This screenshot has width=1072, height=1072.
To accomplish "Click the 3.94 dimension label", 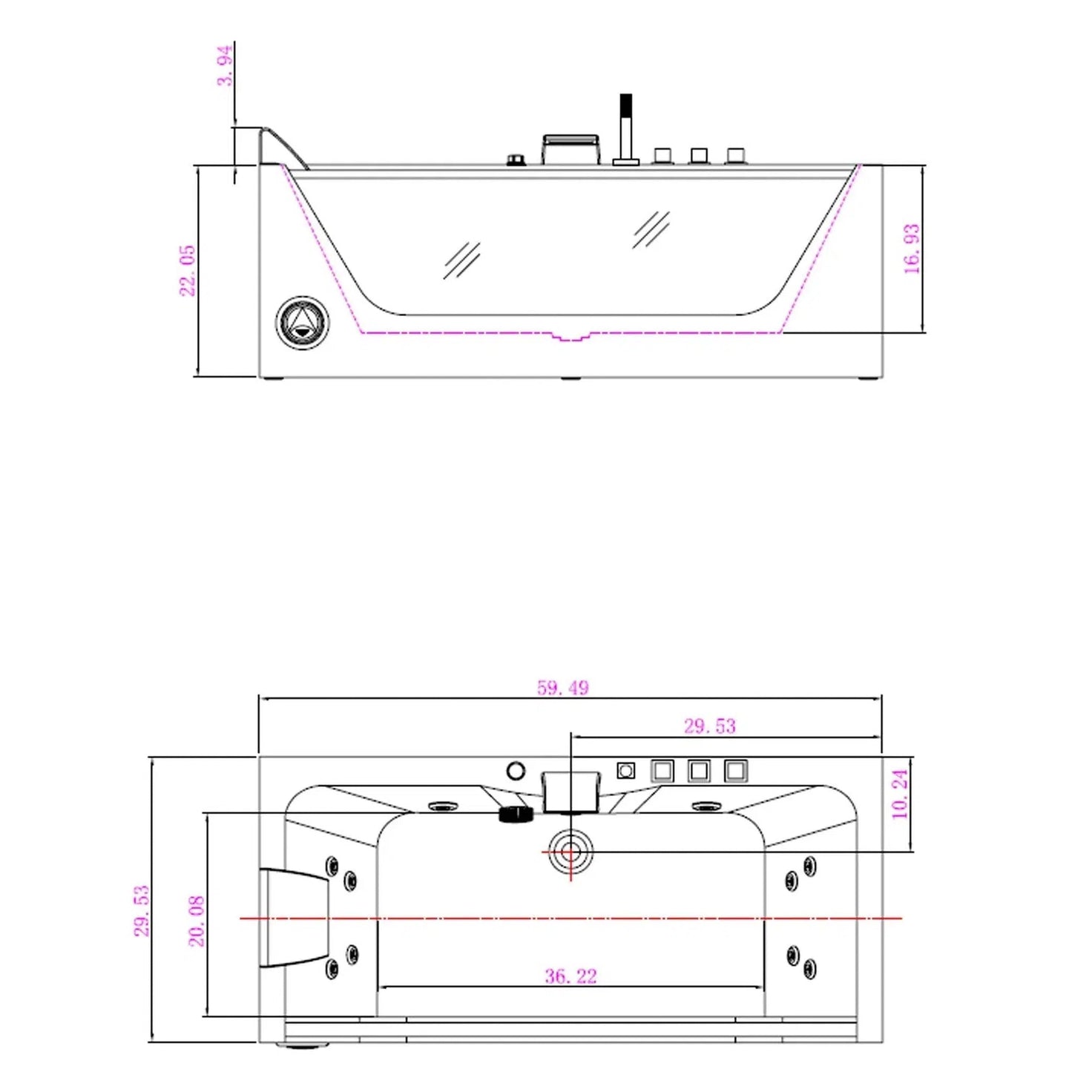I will [x=225, y=65].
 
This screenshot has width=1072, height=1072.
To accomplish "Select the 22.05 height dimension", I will [x=188, y=271].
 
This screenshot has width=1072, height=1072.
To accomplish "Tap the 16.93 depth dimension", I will [x=912, y=249].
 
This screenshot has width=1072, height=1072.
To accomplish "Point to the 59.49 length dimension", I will [x=563, y=688].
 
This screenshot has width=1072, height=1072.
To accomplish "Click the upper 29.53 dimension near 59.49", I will [x=710, y=726].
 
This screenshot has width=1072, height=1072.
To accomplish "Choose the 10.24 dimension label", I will [x=900, y=795].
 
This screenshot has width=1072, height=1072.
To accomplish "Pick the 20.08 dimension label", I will [x=197, y=921].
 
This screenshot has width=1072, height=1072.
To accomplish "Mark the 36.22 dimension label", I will [x=570, y=976].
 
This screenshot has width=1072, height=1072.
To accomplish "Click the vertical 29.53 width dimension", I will [x=142, y=911].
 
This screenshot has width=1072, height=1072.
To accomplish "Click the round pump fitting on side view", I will [x=302, y=323].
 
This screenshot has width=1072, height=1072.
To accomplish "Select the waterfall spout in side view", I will [x=570, y=149].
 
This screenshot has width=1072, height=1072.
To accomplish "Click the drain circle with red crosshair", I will [x=570, y=852].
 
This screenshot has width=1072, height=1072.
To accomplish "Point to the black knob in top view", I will [x=516, y=814].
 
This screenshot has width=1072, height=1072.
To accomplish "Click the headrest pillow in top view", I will [x=295, y=918].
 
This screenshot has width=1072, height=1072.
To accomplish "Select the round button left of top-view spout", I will [x=516, y=771].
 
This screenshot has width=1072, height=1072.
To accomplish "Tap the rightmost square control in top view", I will [x=735, y=771].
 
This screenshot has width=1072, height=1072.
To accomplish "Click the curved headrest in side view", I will [x=285, y=147].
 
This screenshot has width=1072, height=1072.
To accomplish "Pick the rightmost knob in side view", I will [x=735, y=156].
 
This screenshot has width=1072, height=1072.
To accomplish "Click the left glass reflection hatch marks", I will [x=461, y=260].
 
